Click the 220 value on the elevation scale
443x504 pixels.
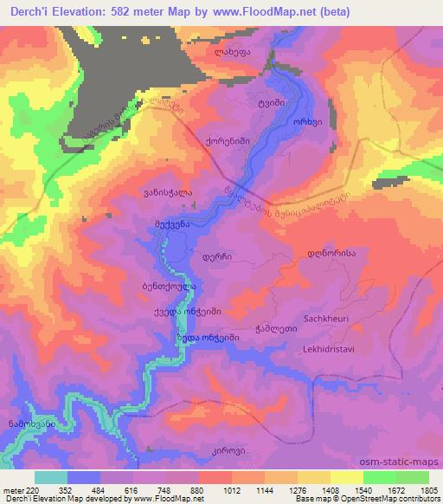[x=33, y=489]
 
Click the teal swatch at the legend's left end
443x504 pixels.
[x=51, y=477]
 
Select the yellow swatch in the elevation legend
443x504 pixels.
[x=347, y=477]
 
